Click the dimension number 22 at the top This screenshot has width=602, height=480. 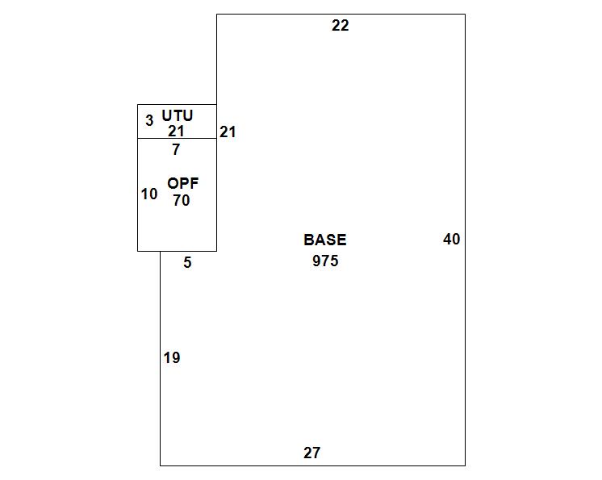[341, 26]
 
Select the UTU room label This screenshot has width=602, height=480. [178, 116]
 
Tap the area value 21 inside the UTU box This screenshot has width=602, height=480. [177, 131]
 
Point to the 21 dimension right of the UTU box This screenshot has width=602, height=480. [228, 131]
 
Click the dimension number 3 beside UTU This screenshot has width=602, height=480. [149, 122]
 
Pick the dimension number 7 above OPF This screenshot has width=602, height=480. [176, 149]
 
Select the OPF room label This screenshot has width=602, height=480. [182, 184]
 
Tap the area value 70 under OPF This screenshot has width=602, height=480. [182, 201]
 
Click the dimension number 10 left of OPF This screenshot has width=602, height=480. [149, 194]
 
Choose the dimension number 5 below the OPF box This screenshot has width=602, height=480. [187, 263]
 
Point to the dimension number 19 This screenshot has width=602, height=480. [172, 358]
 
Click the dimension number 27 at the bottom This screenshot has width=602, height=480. [312, 453]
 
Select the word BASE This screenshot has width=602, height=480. [325, 240]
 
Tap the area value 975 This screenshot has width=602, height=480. [325, 261]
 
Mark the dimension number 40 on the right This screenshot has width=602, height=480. [452, 240]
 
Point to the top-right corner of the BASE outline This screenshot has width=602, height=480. [465, 15]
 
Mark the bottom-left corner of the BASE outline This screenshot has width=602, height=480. [160, 465]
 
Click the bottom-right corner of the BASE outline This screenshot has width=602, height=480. [465, 465]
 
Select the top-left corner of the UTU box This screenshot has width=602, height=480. [138, 105]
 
